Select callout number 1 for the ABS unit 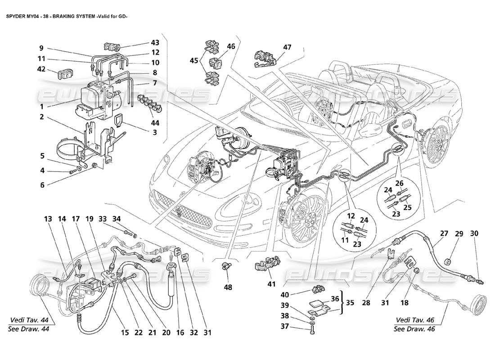[41, 107]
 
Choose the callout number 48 [229, 287]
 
